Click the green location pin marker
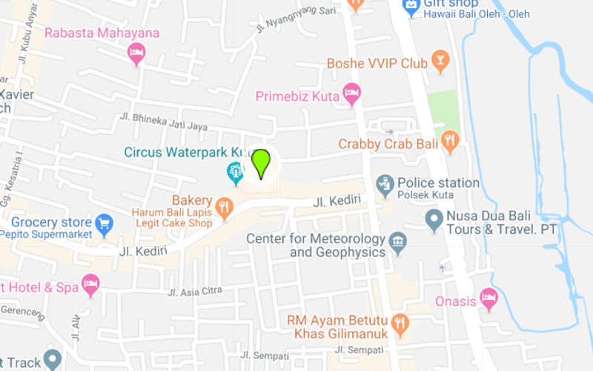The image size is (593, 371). [x=261, y=162]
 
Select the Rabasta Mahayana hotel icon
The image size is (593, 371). [x=136, y=52]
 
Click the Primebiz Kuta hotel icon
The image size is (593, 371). [x=351, y=93]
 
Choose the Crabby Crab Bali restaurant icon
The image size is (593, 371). [x=449, y=139]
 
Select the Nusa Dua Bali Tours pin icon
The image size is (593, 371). [x=434, y=219]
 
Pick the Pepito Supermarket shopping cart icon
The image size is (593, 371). [x=105, y=223]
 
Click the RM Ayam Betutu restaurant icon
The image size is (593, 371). [x=400, y=323]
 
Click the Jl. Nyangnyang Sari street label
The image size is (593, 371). [x=296, y=20]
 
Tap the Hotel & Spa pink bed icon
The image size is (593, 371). [x=90, y=283]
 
